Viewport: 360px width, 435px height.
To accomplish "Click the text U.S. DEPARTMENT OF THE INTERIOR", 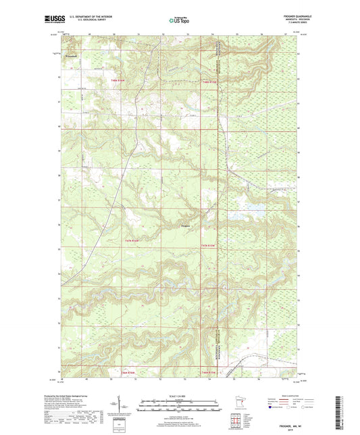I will (85, 18).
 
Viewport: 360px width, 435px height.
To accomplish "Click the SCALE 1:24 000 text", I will (179, 394).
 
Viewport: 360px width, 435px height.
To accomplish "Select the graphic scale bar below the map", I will (179, 407).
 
